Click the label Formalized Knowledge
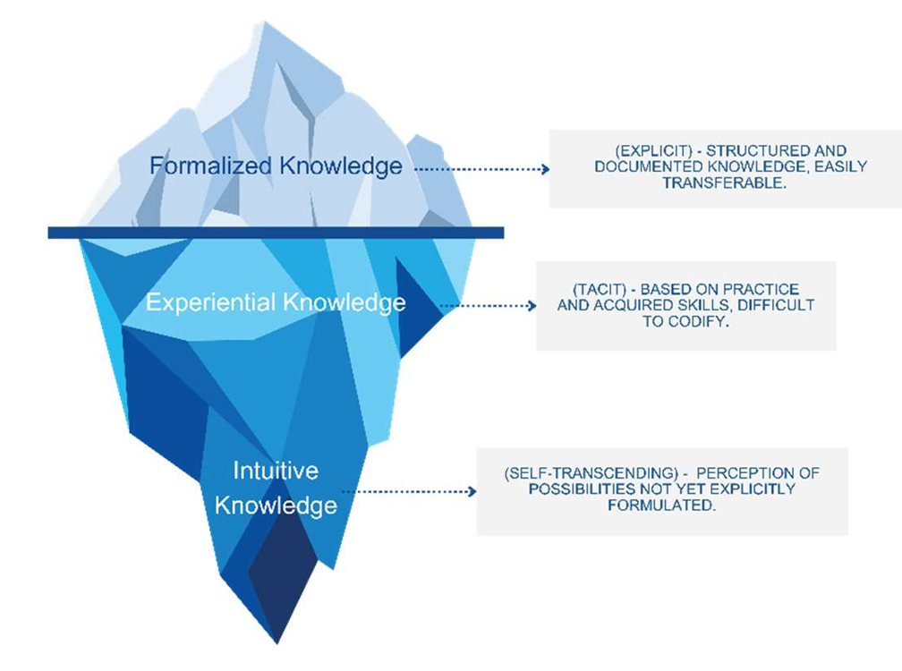pos(276,166)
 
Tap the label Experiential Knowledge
pos(276,302)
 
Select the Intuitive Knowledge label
pos(276,488)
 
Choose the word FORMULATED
pos(661,505)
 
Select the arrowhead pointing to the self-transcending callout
pos(472,491)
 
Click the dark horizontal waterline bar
pos(276,233)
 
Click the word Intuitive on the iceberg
pos(276,471)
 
